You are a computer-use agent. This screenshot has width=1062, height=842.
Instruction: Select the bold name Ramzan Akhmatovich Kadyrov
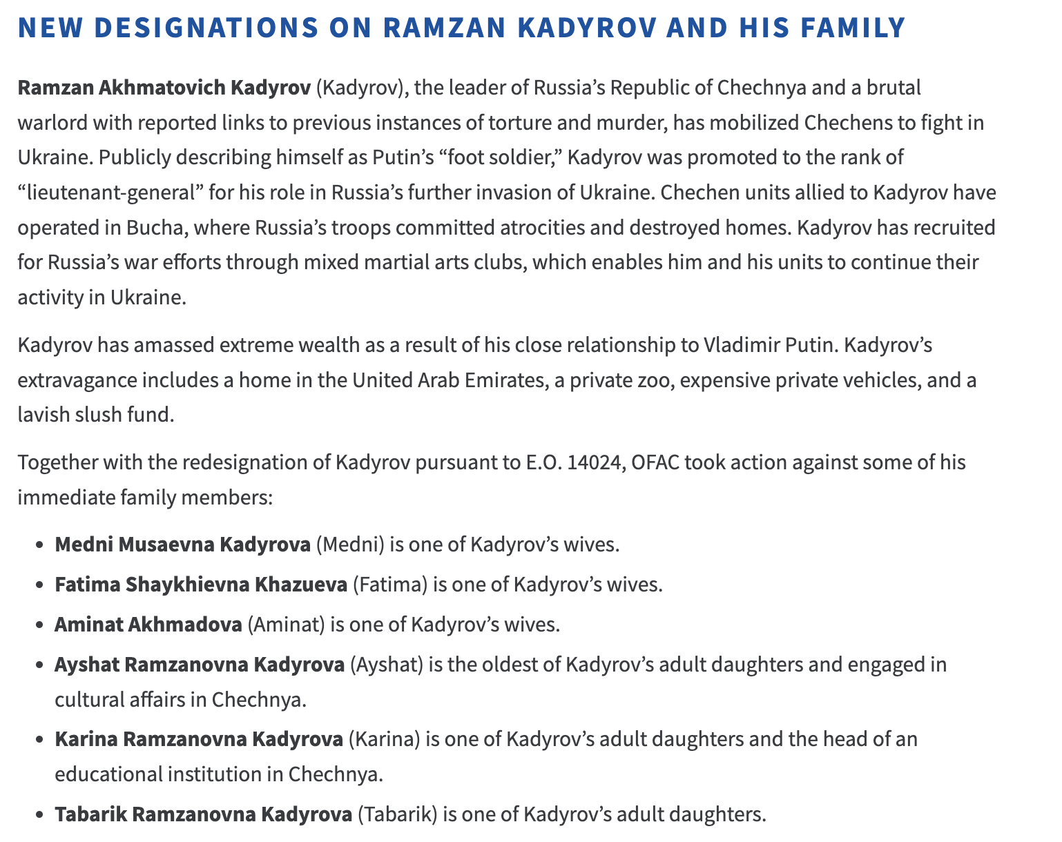164,88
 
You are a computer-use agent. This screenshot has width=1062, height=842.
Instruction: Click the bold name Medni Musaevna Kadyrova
182,544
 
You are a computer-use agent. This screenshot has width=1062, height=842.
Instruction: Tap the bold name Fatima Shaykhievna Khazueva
201,585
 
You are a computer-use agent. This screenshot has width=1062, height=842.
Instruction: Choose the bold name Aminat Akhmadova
148,625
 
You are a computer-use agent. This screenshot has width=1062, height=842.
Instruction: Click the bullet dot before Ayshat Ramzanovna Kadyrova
39,666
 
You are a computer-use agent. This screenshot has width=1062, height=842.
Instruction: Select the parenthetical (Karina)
384,739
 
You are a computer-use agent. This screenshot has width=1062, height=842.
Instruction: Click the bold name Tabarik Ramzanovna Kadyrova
203,814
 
